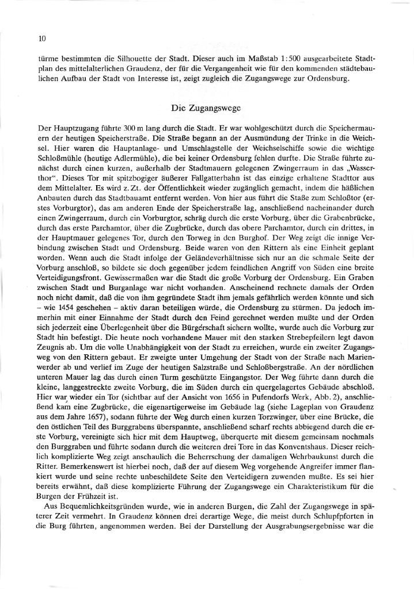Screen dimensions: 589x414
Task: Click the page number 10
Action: pyautogui.click(x=41, y=39)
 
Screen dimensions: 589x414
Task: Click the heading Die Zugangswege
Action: pyautogui.click(x=207, y=108)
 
